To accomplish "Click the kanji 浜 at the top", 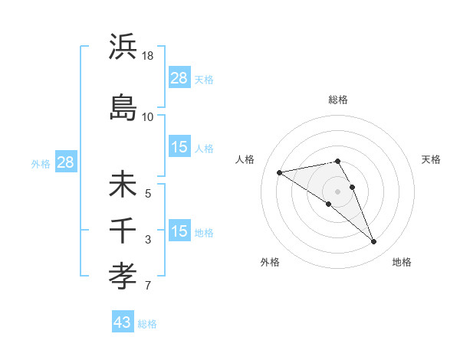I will coord(123,47).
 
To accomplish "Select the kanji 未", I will coord(123,185).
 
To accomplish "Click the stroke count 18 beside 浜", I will coord(149,56).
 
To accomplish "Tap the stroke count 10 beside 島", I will coord(148,116).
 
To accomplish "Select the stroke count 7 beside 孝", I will coord(148,286).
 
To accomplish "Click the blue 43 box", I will coord(123,322).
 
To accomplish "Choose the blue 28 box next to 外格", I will coord(65,162).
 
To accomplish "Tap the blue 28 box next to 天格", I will coord(179,78).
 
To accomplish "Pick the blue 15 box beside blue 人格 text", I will coord(179,148).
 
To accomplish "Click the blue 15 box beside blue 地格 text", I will coord(179,232).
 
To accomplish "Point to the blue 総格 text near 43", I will coord(148,324).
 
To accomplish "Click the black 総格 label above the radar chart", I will coord(337,100).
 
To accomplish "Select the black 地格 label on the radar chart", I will coord(402,262).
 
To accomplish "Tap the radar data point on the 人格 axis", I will coord(280,172).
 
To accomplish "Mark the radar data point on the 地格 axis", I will coord(373,242).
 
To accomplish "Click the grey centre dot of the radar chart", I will coord(337,191).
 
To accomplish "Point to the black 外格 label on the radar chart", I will coord(270,262).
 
